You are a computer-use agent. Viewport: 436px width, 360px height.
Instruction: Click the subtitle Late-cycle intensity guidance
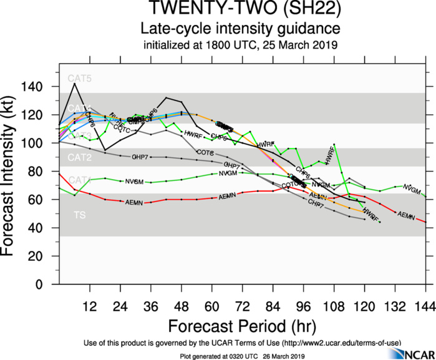pos(241,29)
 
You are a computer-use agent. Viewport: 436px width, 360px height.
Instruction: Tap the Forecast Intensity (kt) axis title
pos(12,172)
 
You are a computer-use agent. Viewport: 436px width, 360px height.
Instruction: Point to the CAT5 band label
pos(80,79)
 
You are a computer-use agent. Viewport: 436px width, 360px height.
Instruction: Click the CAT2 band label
pos(80,157)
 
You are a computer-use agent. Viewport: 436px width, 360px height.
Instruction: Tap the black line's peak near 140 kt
pos(75,83)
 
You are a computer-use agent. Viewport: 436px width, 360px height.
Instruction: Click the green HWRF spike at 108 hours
pos(334,144)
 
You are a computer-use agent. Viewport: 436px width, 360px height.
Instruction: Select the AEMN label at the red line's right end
pos(406,216)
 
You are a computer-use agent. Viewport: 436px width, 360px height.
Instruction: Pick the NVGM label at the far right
pos(411,188)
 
